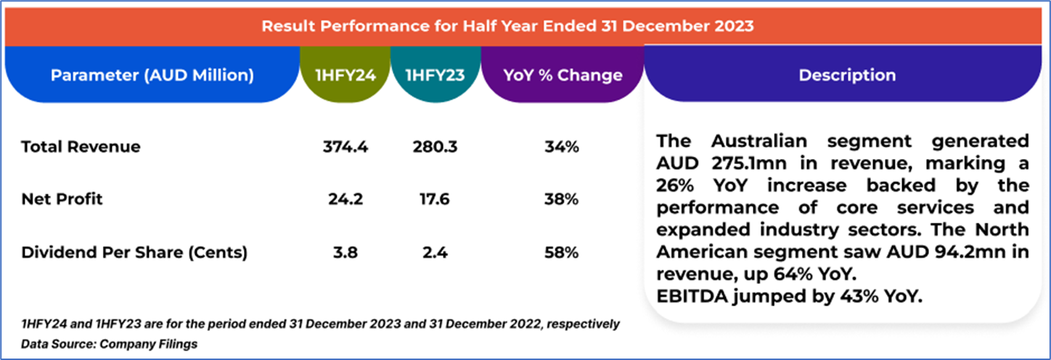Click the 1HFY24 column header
345,75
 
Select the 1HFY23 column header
435,75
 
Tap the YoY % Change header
563,75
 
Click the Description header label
847,75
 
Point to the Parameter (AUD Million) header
152,75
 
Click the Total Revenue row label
81,147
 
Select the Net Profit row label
62,199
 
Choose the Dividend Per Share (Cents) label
134,253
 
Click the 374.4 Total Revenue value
345,147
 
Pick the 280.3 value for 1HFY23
435,147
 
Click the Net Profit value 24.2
345,199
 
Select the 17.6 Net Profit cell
435,199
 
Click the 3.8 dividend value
345,253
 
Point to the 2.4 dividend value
435,253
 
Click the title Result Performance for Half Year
507,26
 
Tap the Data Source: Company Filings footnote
109,343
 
